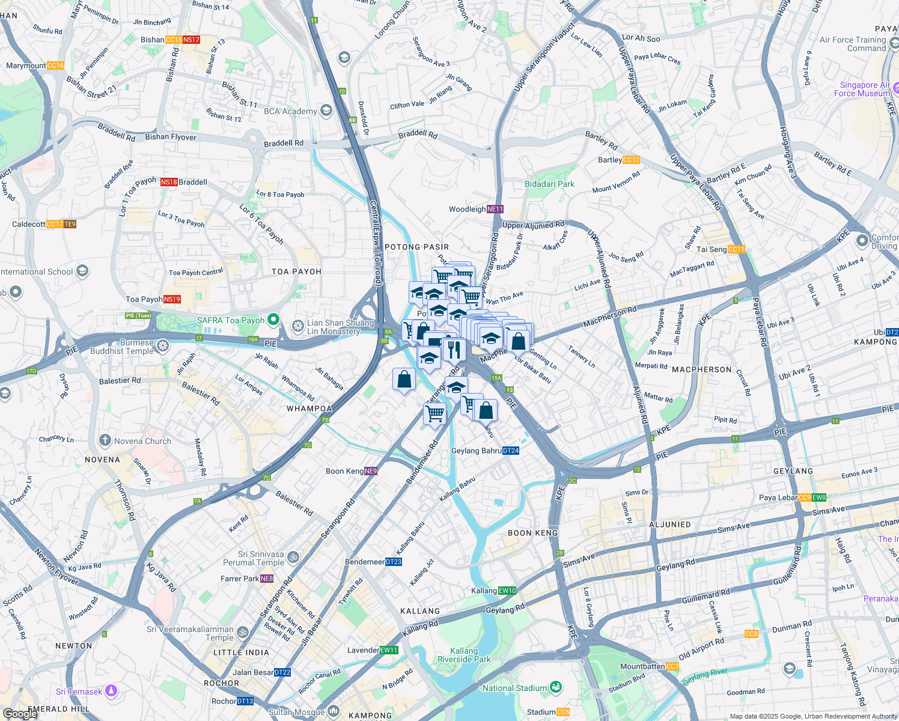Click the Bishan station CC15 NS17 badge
pyautogui.click(x=183, y=40)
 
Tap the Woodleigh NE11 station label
pyautogui.click(x=476, y=209)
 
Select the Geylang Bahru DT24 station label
pyautogui.click(x=485, y=451)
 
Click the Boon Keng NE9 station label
pyautogui.click(x=351, y=471)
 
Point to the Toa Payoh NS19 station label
pyautogui.click(x=153, y=299)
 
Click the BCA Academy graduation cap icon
pyautogui.click(x=326, y=111)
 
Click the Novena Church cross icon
pyautogui.click(x=105, y=440)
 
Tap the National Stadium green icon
pyautogui.click(x=556, y=687)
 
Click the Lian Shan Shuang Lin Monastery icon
pyautogui.click(x=297, y=326)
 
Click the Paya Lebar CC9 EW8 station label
pyautogui.click(x=792, y=497)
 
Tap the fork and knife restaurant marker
pyautogui.click(x=454, y=349)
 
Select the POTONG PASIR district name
pyautogui.click(x=416, y=247)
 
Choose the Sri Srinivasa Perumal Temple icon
pyautogui.click(x=293, y=556)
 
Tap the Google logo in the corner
pyautogui.click(x=20, y=713)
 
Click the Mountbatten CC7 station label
pyautogui.click(x=650, y=666)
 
